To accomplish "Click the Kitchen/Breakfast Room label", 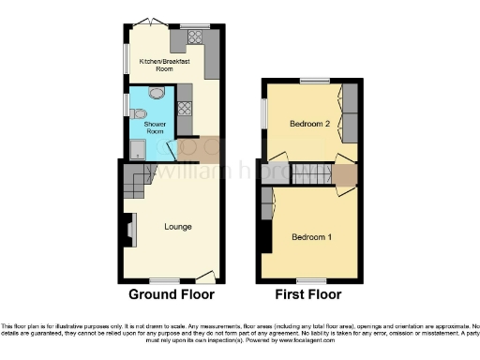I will coord(165,65).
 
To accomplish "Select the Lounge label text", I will coord(178,227).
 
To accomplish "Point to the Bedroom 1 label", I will coord(312,236).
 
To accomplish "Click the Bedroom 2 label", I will coord(311,124).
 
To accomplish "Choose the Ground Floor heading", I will coord(171,294).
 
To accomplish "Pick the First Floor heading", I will coord(309,294).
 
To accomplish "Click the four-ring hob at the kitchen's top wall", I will coord(198,37).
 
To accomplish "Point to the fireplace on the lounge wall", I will coord(130,227).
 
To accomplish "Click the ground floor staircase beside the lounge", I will coord(138,180).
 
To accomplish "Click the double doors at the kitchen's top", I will coord(146,22).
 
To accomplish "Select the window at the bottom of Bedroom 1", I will coord(310,281).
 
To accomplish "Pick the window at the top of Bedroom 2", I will coord(310,81).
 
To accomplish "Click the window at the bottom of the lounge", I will coord(165,280).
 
